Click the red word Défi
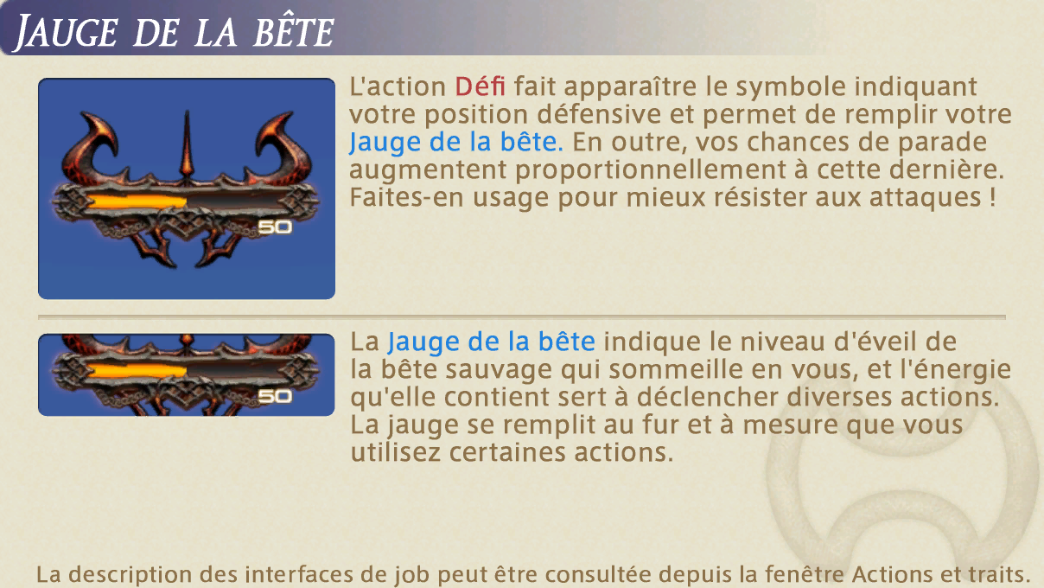(x=480, y=86)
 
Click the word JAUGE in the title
(x=67, y=33)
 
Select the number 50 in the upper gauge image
(x=275, y=227)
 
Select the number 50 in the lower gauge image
(x=275, y=396)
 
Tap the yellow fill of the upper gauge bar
(x=137, y=201)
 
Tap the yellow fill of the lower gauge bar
(x=137, y=371)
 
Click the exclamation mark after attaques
(x=992, y=197)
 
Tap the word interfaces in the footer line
(x=298, y=574)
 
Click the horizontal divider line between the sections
(x=522, y=317)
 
